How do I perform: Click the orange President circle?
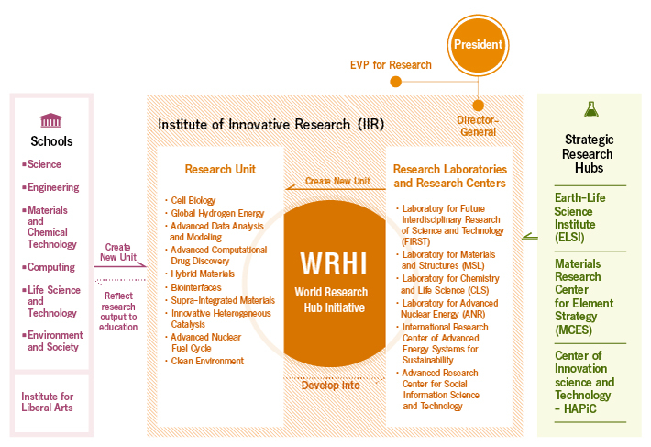[478, 43]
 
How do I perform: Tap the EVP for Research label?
[391, 65]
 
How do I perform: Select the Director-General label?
[478, 126]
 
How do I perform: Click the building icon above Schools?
[50, 121]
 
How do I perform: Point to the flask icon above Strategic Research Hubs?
[589, 108]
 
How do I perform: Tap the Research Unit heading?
[220, 169]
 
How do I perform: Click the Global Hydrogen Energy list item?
[217, 213]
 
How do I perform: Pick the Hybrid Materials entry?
[204, 274]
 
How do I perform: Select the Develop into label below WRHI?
[331, 385]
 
